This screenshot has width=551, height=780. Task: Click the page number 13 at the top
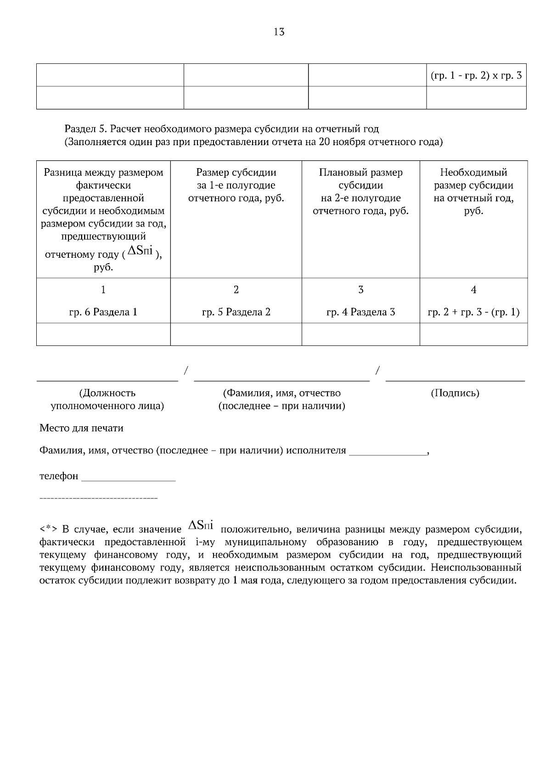279,32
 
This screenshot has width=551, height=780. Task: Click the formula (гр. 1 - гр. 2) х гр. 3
476,76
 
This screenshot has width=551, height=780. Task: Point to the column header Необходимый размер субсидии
473,192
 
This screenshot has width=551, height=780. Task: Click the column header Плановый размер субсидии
360,192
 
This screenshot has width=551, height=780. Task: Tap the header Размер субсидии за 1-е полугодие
236,185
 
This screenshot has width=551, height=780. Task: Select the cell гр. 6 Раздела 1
103,312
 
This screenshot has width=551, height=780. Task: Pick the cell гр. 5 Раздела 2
236,312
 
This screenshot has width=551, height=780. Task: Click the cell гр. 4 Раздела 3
360,312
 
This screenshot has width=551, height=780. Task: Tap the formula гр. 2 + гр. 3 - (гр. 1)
473,312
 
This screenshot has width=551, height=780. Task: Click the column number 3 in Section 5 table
360,290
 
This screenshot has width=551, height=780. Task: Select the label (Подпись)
455,393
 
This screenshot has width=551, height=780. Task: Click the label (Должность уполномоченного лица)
107,400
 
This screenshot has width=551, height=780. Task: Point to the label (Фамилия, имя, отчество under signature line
281,393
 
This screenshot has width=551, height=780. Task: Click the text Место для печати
81,428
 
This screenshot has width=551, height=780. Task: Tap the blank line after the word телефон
128,478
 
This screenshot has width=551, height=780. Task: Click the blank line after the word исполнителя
388,452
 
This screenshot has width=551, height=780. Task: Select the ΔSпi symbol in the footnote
201,525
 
